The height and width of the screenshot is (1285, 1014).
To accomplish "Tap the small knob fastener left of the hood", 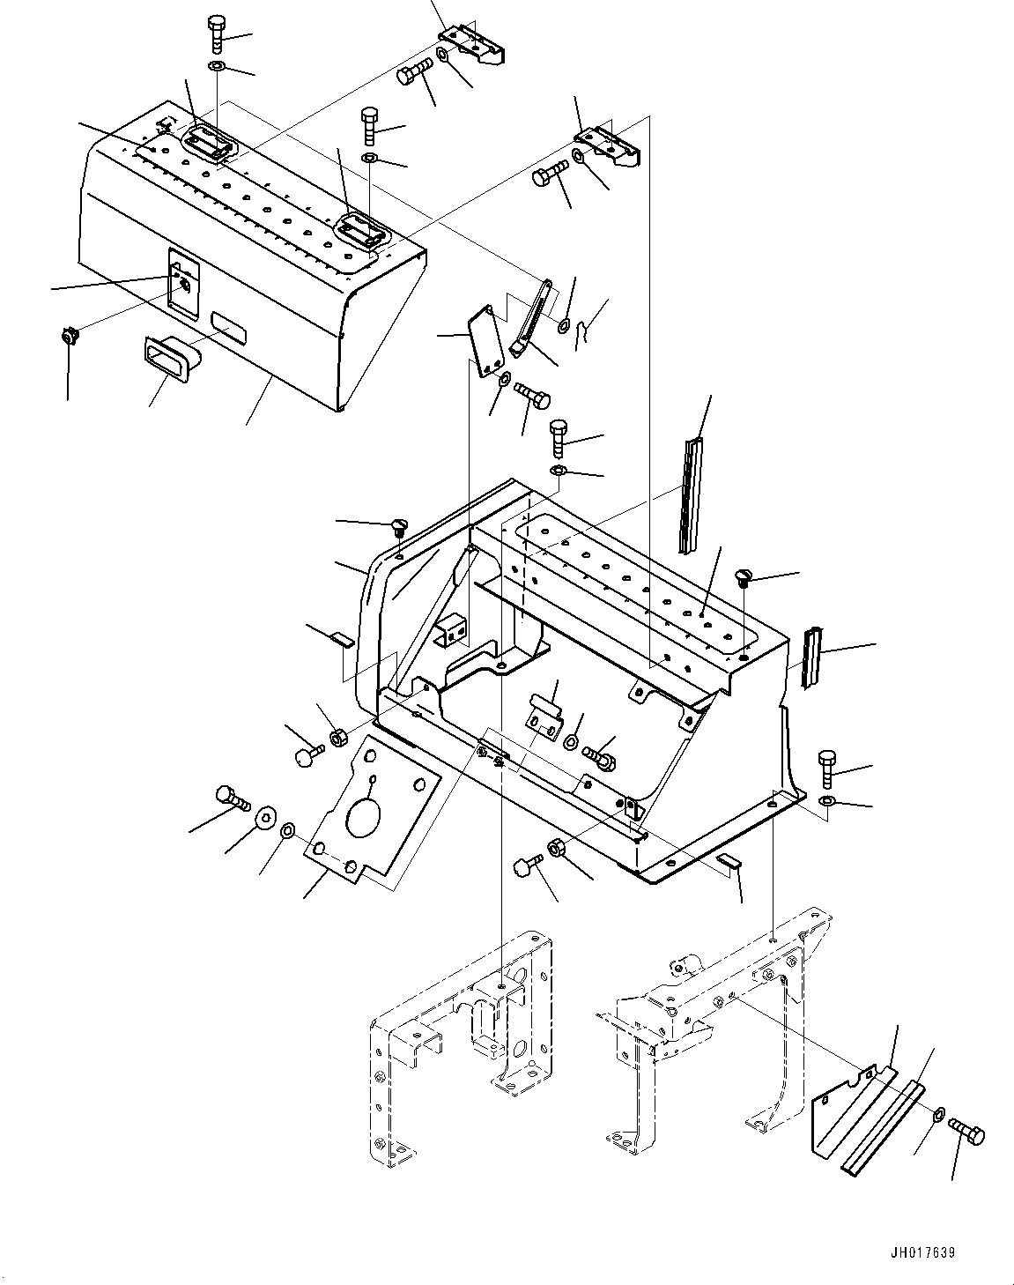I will point(68,337).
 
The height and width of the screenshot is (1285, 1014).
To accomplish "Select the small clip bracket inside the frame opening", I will point(542,711).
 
